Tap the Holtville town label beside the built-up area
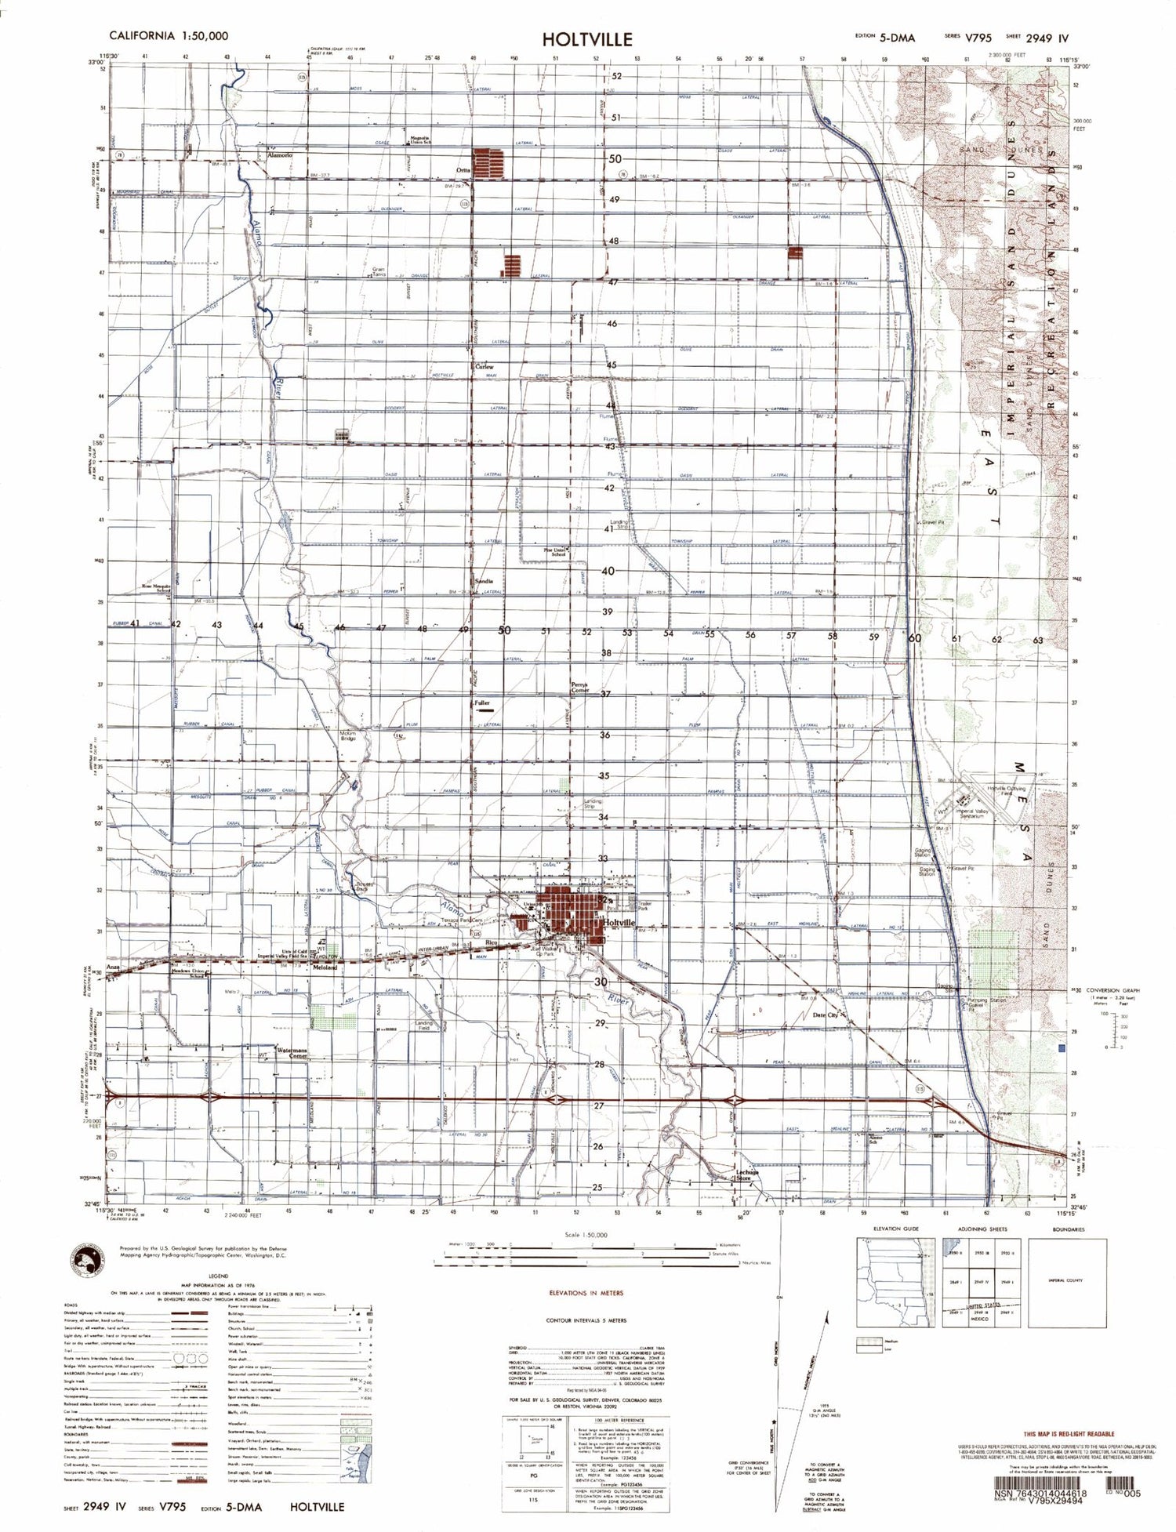coord(620,924)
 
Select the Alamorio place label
coord(279,156)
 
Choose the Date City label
coord(826,1015)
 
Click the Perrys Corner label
coord(580,687)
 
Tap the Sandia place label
coord(484,581)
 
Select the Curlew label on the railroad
coord(485,366)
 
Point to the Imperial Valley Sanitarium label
coord(977,814)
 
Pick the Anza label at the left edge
coord(114,968)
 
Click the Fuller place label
coord(482,703)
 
